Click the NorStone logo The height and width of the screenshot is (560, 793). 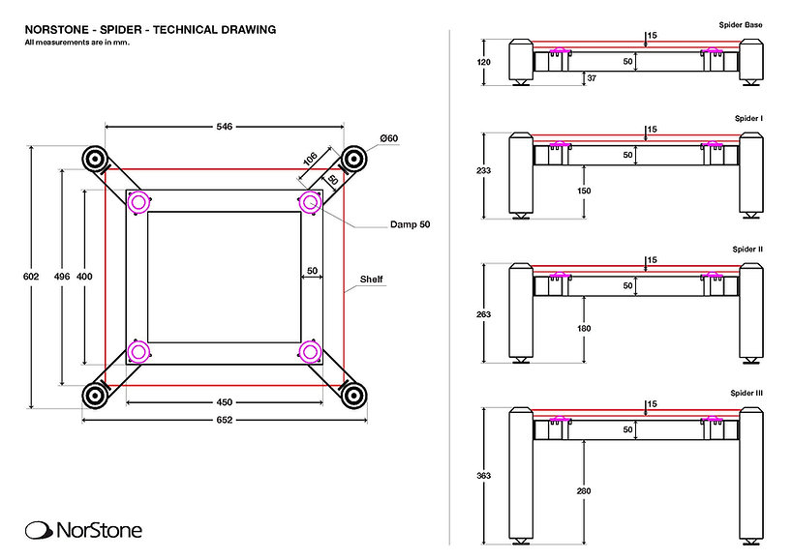point(83,529)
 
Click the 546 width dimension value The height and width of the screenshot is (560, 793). point(225,126)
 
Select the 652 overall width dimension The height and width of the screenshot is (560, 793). point(225,420)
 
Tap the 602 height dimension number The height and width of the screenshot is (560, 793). point(30,277)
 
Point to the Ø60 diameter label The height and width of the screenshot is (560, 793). point(389,139)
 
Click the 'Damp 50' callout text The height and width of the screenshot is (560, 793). point(411,224)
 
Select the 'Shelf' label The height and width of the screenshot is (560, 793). point(372,280)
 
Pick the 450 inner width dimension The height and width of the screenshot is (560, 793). point(224,402)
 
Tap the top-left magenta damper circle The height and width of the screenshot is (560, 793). point(138,202)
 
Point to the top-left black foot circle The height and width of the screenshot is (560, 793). point(95,159)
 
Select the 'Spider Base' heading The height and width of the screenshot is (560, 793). point(742,21)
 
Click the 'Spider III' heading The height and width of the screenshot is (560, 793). point(747,394)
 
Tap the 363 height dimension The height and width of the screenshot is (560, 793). point(484,475)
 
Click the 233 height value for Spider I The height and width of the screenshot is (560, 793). point(484,170)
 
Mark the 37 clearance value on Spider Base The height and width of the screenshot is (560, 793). point(591,76)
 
